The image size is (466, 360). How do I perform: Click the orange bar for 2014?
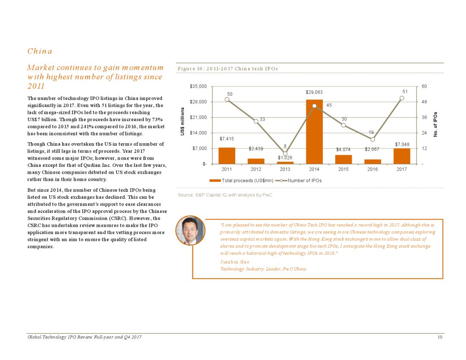(314, 131)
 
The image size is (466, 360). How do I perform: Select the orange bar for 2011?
(227, 156)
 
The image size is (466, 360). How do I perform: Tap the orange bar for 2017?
(402, 156)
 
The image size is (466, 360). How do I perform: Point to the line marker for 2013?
(285, 153)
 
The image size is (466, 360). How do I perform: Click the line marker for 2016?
(372, 139)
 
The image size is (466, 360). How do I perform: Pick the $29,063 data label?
(314, 93)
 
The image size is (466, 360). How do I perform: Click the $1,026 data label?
(285, 158)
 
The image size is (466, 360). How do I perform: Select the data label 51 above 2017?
(405, 91)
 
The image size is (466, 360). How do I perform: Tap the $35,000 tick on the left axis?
(198, 86)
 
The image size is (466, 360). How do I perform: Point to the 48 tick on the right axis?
(425, 102)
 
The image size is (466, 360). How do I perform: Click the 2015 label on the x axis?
(343, 169)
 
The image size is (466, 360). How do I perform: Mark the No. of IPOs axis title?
(436, 125)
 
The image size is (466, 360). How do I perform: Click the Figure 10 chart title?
(228, 69)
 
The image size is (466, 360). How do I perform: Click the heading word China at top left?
(40, 51)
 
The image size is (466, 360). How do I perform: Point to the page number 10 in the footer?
(440, 337)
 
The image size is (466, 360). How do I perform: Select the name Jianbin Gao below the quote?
(235, 262)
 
